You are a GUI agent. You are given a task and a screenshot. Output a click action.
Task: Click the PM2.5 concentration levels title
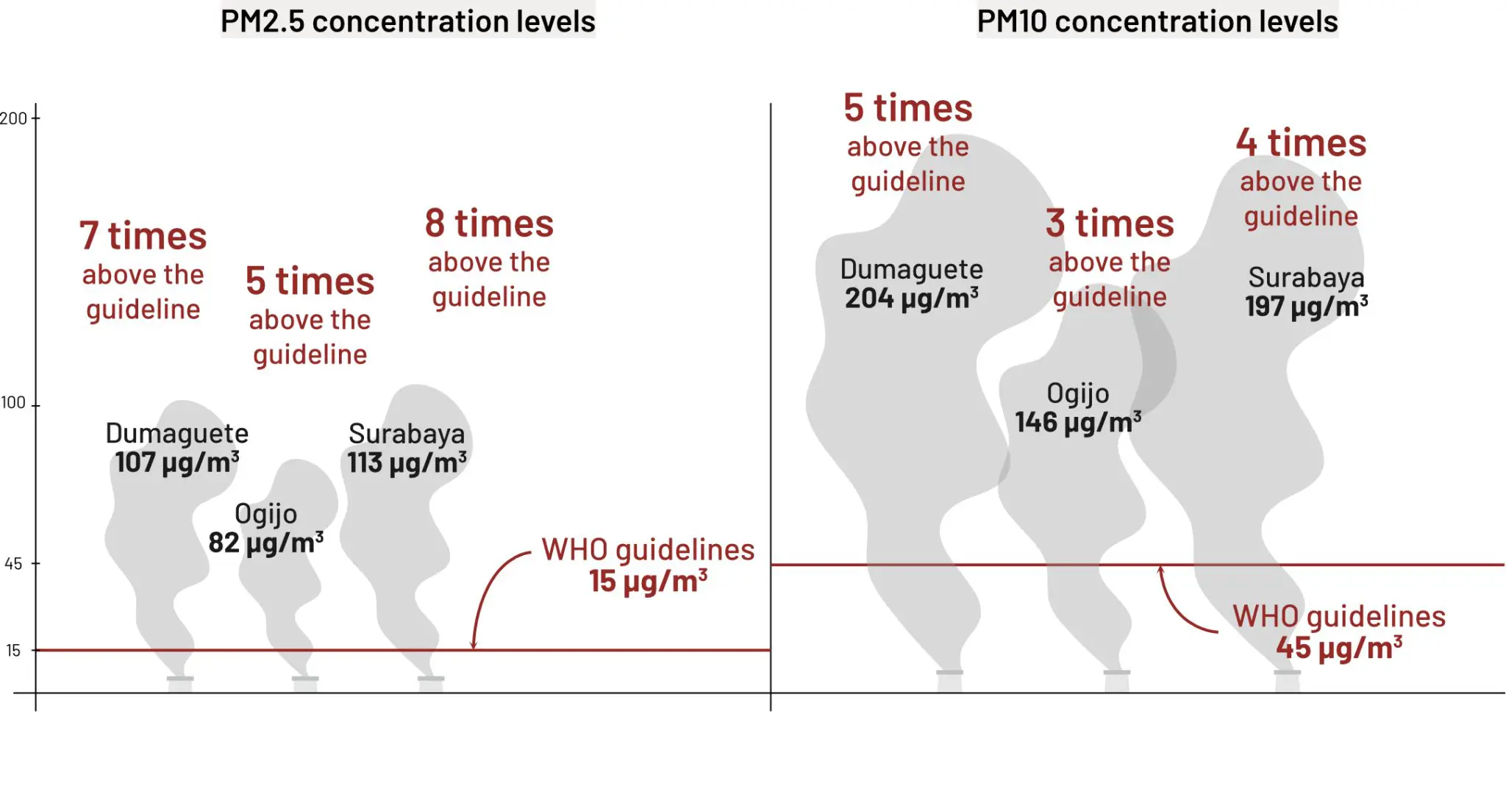(x=408, y=21)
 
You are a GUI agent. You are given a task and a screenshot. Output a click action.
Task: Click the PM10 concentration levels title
(x=1157, y=21)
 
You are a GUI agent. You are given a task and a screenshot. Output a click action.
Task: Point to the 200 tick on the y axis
(x=14, y=118)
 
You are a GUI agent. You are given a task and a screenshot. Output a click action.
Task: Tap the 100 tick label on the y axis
(x=13, y=403)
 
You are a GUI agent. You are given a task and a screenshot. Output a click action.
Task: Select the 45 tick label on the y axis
(x=13, y=564)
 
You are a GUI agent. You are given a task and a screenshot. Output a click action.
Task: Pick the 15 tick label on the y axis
(x=13, y=651)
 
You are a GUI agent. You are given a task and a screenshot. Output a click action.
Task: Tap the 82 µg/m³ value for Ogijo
(x=266, y=543)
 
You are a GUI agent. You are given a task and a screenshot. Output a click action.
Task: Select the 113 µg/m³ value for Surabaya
(x=407, y=463)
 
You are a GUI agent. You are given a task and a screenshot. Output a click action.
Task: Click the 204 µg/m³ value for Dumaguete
(x=912, y=299)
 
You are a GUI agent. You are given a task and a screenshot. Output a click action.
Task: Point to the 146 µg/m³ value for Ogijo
(x=1078, y=423)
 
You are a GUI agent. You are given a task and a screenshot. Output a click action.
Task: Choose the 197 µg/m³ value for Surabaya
(x=1307, y=307)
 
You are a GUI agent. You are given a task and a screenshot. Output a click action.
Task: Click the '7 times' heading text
(x=143, y=236)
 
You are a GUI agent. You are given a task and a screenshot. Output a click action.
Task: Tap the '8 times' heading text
(x=489, y=224)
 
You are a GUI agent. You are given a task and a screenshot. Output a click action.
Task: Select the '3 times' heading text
(x=1110, y=224)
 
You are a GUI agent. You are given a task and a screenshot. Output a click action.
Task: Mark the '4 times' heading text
(x=1301, y=143)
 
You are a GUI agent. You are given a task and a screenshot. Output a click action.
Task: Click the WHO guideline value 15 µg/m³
(x=648, y=582)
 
